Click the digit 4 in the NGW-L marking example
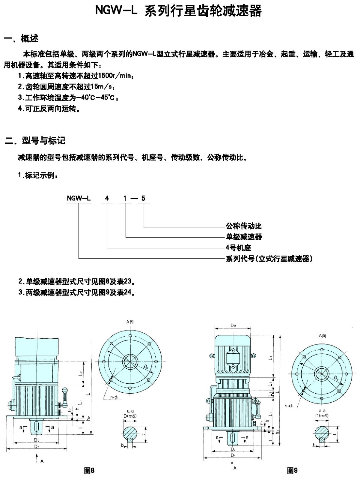click(x=107, y=198)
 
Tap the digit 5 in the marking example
click(x=143, y=198)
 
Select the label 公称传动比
click(x=243, y=226)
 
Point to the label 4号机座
click(x=238, y=247)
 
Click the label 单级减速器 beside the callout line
click(x=243, y=237)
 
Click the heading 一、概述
click(x=21, y=39)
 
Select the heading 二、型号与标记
click(x=35, y=140)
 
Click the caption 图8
click(x=89, y=471)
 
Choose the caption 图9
click(x=292, y=470)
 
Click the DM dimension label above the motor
click(x=233, y=325)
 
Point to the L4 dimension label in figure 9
click(x=270, y=358)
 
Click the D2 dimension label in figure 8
click(x=37, y=440)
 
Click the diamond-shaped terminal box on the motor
click(x=233, y=357)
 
